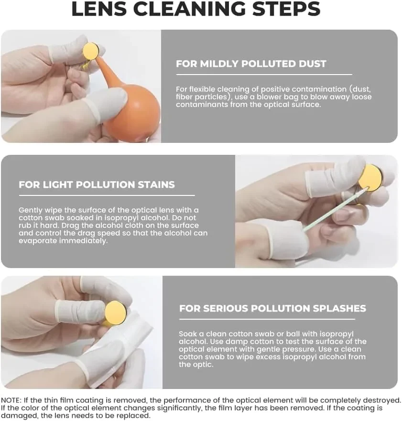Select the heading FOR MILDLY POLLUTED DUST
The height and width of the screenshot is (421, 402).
[x=251, y=64]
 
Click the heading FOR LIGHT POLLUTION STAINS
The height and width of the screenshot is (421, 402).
[x=97, y=185]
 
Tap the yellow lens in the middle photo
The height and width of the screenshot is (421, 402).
[x=370, y=177]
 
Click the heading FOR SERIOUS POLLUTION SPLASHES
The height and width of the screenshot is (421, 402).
[x=272, y=308]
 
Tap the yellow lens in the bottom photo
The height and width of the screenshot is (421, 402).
[x=116, y=312]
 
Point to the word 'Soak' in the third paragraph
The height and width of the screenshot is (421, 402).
[x=187, y=334]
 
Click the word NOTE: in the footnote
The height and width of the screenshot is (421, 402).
[x=11, y=400]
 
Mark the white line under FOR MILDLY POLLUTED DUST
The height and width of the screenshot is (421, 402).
[x=264, y=75]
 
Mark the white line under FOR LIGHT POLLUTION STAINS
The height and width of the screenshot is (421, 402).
[x=107, y=195]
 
